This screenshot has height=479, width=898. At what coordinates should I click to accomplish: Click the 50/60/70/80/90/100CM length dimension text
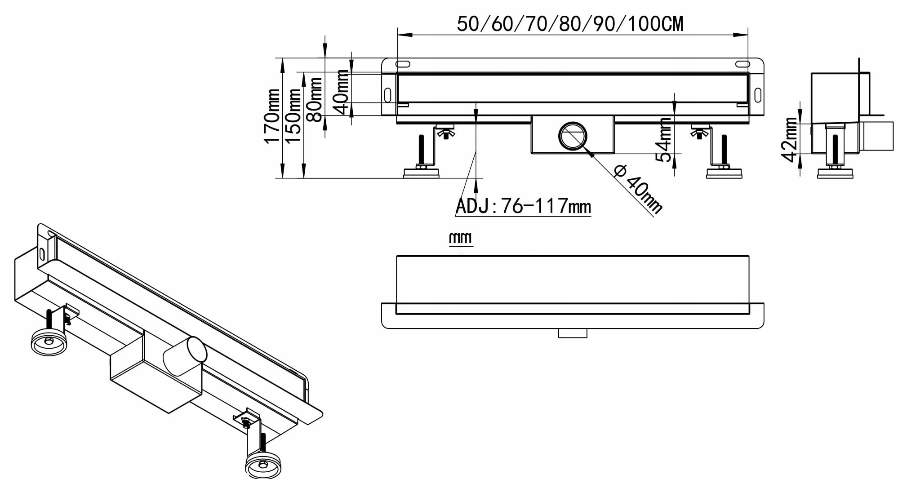point(570,24)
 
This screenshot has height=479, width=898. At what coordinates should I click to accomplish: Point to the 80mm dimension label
point(314,100)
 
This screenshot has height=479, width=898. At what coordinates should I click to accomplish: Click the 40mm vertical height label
point(341,92)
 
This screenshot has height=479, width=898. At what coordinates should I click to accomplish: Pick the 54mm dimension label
point(663,140)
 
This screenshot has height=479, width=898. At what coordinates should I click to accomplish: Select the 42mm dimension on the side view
point(789,139)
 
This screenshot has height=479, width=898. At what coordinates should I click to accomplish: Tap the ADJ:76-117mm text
point(523,206)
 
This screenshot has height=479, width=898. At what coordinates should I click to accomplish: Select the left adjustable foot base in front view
point(421,173)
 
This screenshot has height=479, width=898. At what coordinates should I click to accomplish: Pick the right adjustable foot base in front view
point(724,173)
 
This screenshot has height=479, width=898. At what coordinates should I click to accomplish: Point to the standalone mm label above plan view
point(461,238)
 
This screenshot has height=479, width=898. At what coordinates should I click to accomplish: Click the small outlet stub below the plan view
point(573,333)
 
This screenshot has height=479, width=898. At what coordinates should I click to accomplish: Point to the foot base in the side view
point(835,173)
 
